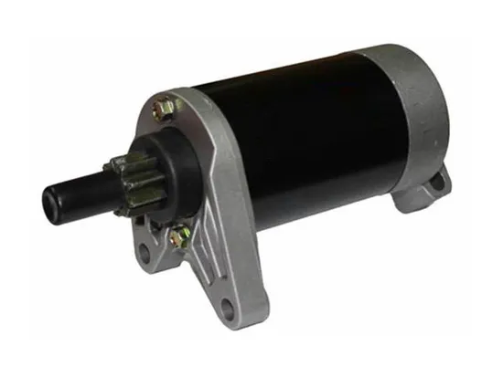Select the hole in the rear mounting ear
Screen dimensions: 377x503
pos(437,183)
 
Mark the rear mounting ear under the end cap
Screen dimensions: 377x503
pos(430,187)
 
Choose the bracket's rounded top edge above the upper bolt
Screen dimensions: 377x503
pos(174,91)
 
